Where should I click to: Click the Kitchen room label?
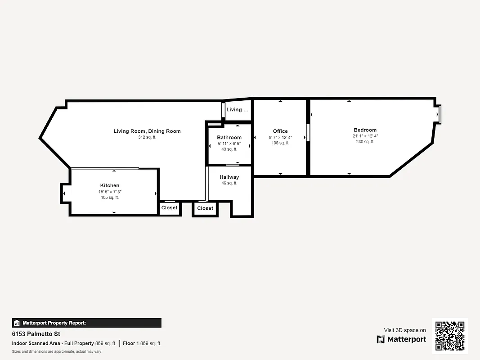(110, 185)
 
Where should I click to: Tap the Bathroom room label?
(229, 137)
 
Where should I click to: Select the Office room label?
(280, 131)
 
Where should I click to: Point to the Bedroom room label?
(365, 130)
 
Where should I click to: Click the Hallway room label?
(229, 177)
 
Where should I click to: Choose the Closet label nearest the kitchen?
(170, 208)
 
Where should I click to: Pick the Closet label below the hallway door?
(205, 208)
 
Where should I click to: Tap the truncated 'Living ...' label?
(237, 110)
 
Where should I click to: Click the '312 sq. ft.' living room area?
(147, 137)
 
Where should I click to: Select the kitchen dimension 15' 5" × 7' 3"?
(110, 192)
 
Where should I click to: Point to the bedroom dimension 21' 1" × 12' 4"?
(365, 136)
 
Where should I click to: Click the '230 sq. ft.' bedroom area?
(365, 142)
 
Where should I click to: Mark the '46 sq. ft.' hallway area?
(229, 183)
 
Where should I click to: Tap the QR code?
(450, 336)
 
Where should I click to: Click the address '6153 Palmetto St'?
(36, 334)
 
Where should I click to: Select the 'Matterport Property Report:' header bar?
(86, 323)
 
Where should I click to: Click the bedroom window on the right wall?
(439, 114)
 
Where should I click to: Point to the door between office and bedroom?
(308, 133)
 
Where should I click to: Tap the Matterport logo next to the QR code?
(401, 339)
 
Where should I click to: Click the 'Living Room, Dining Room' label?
(147, 131)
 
